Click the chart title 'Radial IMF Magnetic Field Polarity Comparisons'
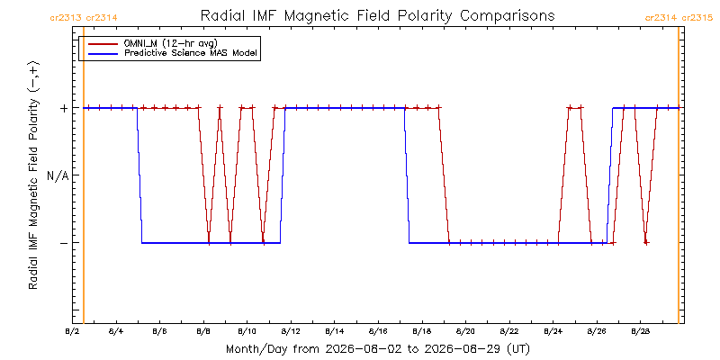[377, 16]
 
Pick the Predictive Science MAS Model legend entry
[175, 53]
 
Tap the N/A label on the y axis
[58, 175]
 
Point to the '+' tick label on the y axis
[64, 108]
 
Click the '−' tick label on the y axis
[64, 242]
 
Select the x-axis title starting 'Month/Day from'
[377, 349]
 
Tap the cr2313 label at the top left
[66, 18]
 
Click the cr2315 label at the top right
[697, 18]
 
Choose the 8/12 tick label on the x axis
[291, 331]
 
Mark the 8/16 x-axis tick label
[378, 331]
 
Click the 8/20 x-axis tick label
[465, 331]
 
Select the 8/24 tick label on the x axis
[553, 331]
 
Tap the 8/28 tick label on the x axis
[640, 331]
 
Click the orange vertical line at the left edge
[84, 175]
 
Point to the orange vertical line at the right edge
[679, 175]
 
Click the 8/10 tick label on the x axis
[247, 331]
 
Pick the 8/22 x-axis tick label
[509, 331]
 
